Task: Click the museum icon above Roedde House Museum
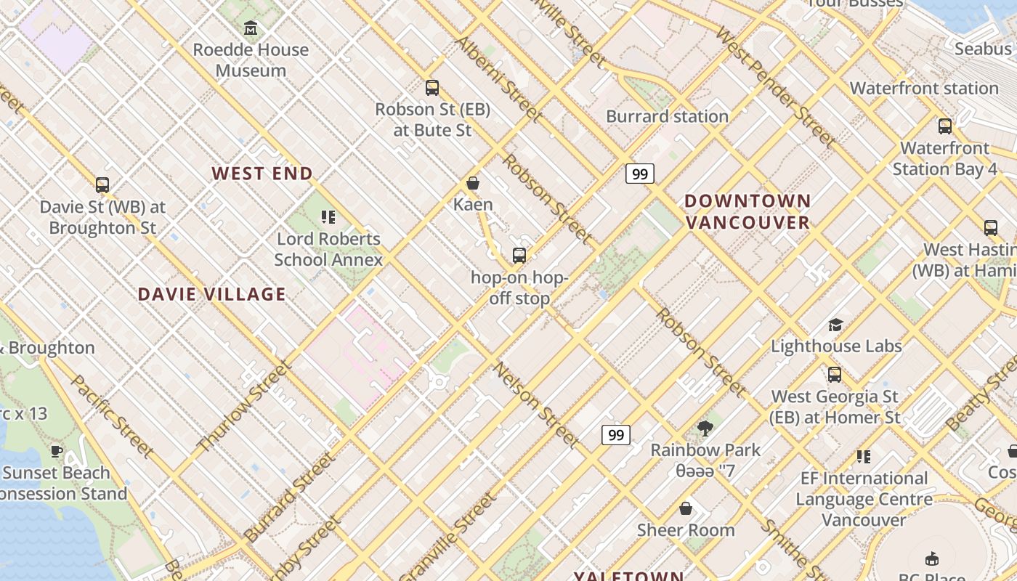click(251, 28)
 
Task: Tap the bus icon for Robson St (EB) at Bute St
click(432, 88)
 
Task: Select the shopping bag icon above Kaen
click(473, 183)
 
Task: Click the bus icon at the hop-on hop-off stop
click(519, 255)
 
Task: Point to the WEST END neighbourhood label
click(262, 174)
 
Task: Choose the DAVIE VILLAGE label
click(211, 294)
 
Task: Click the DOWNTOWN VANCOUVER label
click(747, 211)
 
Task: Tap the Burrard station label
click(667, 116)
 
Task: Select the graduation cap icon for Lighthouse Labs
click(836, 325)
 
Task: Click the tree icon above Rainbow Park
click(705, 428)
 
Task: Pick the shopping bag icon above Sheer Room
click(686, 508)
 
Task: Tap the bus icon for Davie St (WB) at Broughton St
click(102, 185)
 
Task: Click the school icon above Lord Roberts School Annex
click(328, 217)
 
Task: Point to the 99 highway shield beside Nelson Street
click(615, 435)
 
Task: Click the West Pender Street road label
click(774, 86)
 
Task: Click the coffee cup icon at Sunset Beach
click(57, 451)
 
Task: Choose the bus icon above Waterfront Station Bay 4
click(945, 126)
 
